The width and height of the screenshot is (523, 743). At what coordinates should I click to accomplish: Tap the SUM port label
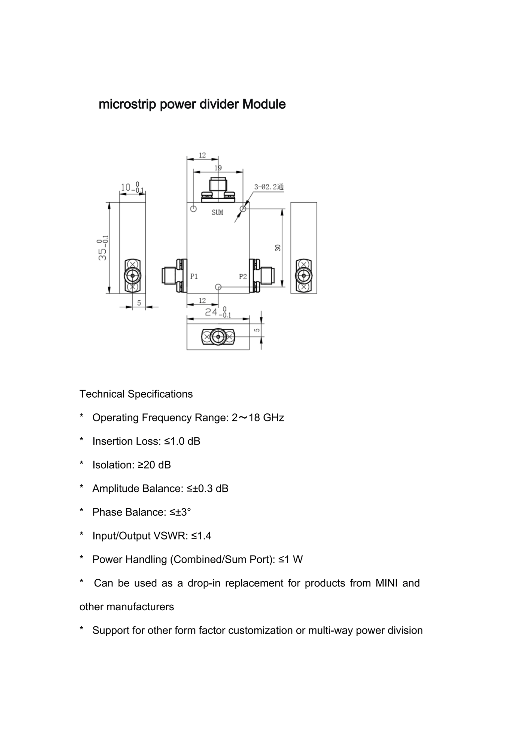click(x=217, y=213)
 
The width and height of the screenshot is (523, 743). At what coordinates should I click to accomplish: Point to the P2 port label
click(x=243, y=276)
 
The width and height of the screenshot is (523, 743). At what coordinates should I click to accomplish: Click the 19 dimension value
click(x=218, y=168)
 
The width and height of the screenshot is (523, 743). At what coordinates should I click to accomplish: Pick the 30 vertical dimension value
click(x=278, y=248)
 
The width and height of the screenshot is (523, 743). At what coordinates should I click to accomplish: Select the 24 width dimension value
click(x=211, y=312)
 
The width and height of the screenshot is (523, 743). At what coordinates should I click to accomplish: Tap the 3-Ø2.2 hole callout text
click(x=269, y=187)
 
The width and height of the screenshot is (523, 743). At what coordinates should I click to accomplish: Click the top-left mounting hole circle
click(x=193, y=209)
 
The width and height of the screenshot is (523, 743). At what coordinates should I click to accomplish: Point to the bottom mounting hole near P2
click(x=218, y=287)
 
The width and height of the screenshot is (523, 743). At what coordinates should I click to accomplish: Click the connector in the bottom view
click(x=218, y=337)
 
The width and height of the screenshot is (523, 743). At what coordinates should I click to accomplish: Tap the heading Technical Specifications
click(x=136, y=394)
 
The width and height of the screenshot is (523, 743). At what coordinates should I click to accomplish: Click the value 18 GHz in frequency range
click(x=266, y=418)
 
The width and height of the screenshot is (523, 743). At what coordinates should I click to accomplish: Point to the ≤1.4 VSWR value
click(x=201, y=536)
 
